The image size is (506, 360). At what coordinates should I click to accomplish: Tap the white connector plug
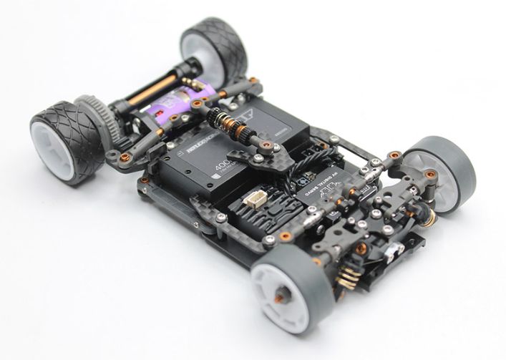point(256,198)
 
